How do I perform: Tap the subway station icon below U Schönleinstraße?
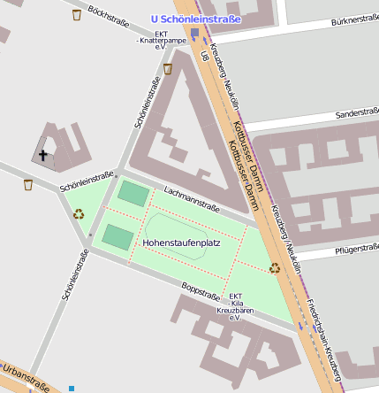[x=194, y=34]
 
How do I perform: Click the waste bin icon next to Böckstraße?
[x=77, y=15]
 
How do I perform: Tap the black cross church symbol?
[x=42, y=154]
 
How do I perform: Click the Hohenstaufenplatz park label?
[x=181, y=241]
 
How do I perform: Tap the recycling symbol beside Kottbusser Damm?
[x=275, y=266]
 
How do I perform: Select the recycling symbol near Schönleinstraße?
[x=78, y=213]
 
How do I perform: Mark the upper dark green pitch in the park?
[x=134, y=193]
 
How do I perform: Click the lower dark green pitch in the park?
[x=117, y=236]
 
